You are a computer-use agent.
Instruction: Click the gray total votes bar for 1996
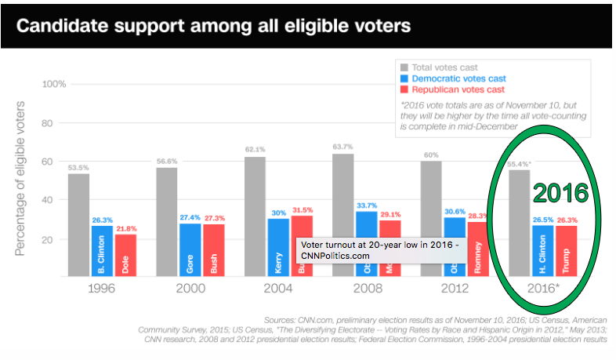pos(78,224)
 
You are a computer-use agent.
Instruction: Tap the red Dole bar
pos(126,254)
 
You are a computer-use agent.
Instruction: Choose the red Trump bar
pos(567,249)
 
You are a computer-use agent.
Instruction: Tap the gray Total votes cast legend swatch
pos(404,68)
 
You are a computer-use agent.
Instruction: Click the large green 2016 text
pos(560,192)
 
